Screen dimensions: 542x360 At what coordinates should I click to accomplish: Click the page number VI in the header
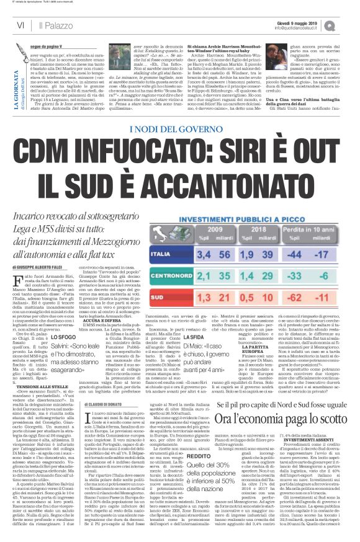20,25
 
